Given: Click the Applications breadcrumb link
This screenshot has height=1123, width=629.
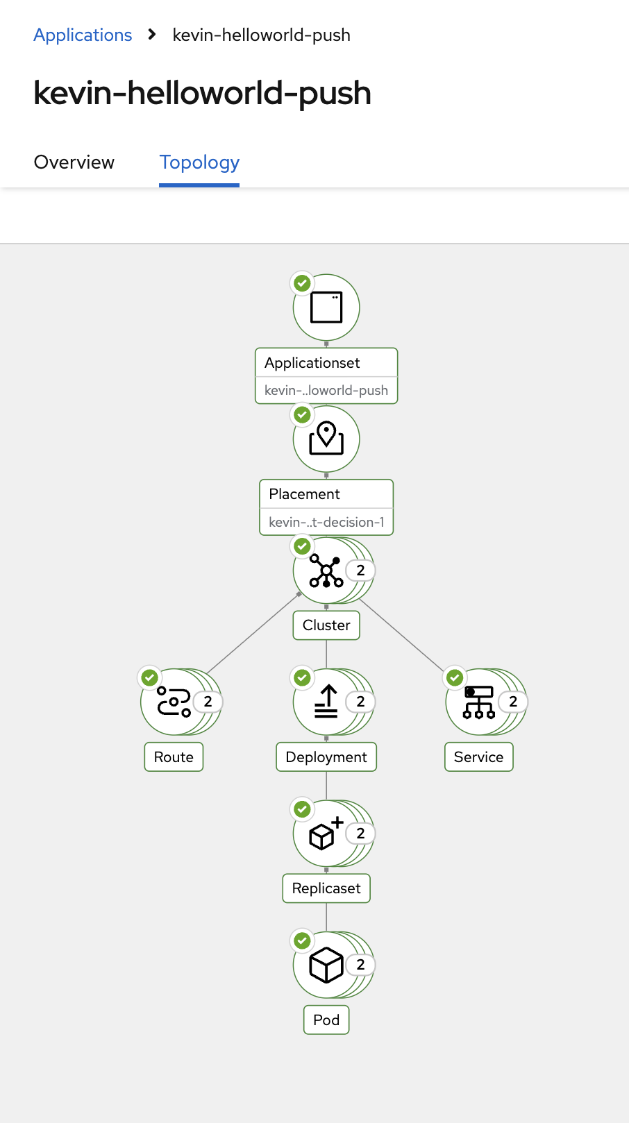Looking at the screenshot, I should [83, 35].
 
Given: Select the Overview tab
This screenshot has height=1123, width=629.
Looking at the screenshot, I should [74, 162].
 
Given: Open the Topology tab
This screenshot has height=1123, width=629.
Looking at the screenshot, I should [199, 162].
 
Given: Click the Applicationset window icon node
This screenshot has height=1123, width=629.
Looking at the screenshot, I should [326, 307].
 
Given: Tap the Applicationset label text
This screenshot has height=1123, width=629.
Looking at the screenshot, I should [312, 363].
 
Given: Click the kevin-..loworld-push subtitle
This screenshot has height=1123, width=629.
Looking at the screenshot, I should [326, 391].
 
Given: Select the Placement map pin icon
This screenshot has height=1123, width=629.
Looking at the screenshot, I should [326, 439].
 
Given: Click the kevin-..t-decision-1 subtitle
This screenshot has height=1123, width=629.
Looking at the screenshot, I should [326, 522].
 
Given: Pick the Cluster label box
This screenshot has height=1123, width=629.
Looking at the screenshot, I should [326, 625].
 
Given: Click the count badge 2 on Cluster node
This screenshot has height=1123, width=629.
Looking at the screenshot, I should [360, 571].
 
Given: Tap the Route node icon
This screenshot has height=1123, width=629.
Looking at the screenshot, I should [173, 702].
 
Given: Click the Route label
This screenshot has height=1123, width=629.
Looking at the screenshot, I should [174, 757].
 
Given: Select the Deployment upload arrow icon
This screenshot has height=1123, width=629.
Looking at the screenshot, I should [326, 702].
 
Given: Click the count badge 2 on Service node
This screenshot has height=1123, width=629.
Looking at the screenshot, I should [513, 702].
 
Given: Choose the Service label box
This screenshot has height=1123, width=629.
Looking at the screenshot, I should [478, 757].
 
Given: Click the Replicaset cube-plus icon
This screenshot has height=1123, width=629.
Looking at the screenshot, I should [325, 834].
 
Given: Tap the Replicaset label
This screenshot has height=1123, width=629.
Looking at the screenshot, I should [326, 888].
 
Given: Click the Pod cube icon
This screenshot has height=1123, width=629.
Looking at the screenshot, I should [326, 965].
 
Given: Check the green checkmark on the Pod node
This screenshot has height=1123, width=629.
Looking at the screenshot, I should [302, 941].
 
